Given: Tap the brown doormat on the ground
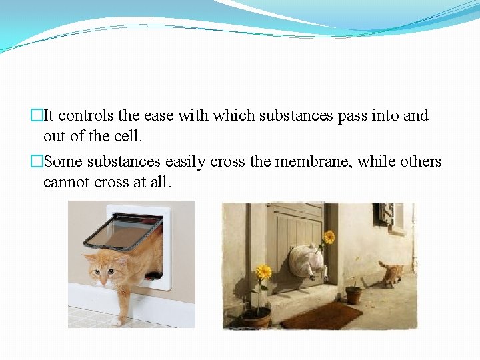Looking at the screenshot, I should [321, 315].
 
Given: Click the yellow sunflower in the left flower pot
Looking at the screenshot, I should [263, 271].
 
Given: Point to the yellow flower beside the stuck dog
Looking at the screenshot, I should [329, 237].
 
